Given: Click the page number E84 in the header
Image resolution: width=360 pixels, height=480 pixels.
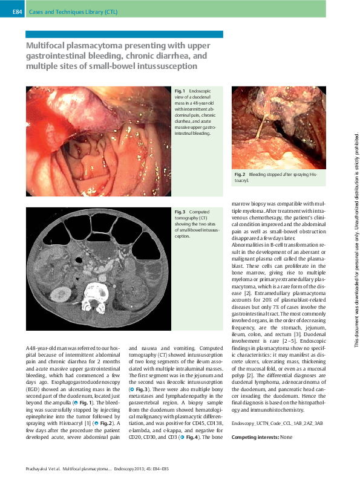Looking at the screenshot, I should tap(16, 11).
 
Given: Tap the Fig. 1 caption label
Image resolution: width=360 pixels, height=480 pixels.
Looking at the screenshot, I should tap(180, 90).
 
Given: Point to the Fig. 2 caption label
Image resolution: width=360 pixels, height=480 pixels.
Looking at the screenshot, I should tap(240, 174).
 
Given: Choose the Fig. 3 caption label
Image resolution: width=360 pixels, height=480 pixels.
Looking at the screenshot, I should tap(180, 212).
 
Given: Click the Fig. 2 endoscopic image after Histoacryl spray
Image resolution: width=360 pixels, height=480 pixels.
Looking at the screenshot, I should tap(278, 127).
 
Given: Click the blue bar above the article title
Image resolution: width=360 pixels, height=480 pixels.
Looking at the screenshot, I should tap(125, 34).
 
